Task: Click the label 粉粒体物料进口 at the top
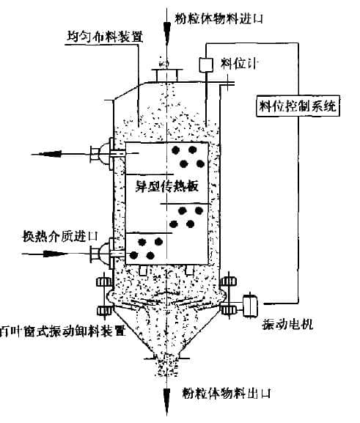[x=218, y=19]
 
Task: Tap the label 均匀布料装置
[x=105, y=37]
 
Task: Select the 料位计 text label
[x=238, y=64]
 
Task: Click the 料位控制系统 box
[x=298, y=106]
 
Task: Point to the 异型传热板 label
[x=167, y=186]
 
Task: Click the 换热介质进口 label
[x=59, y=237]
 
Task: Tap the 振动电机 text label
[x=287, y=324]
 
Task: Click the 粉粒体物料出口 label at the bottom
[x=226, y=393]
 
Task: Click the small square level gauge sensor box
[x=206, y=65]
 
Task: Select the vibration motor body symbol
[x=250, y=306]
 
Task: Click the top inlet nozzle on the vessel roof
[x=167, y=75]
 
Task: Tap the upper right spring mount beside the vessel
[x=229, y=282]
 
